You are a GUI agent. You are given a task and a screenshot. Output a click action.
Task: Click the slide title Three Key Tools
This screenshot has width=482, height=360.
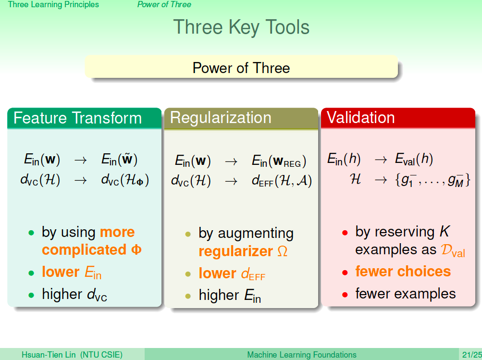pyautogui.click(x=241, y=27)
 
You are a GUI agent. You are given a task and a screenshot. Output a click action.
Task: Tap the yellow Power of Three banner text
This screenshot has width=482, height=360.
pyautogui.click(x=241, y=68)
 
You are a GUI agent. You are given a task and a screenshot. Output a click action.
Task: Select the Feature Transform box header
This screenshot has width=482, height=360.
pyautogui.click(x=77, y=118)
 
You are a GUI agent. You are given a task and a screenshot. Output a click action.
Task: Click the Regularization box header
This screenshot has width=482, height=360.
pyautogui.click(x=221, y=118)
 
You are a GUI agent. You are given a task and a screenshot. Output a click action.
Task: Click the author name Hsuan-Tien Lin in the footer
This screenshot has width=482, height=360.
pyautogui.click(x=49, y=355)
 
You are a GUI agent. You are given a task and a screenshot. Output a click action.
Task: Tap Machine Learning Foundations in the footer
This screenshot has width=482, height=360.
pyautogui.click(x=302, y=355)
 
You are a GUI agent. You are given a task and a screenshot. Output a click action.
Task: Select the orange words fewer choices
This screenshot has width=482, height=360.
pyautogui.click(x=403, y=272)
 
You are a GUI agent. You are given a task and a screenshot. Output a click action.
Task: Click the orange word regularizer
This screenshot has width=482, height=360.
pyautogui.click(x=236, y=251)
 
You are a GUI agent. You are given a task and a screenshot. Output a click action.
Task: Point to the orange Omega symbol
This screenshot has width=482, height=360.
pyautogui.click(x=283, y=251)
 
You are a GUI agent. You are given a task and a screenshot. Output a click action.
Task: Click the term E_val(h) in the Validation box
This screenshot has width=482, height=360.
pyautogui.click(x=414, y=159)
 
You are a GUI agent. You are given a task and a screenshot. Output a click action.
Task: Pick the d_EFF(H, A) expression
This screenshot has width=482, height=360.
pyautogui.click(x=282, y=180)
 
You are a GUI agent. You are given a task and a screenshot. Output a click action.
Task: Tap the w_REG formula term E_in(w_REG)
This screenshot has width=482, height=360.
pyautogui.click(x=279, y=161)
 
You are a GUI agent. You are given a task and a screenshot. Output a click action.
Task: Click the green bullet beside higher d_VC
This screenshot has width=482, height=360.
pyautogui.click(x=31, y=296)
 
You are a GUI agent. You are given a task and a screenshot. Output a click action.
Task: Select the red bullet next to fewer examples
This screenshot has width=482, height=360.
pyautogui.click(x=345, y=295)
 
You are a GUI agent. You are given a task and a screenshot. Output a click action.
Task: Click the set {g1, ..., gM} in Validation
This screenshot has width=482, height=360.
pyautogui.click(x=433, y=180)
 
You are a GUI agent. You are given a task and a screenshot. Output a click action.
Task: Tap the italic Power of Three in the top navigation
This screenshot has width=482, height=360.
pyautogui.click(x=164, y=4)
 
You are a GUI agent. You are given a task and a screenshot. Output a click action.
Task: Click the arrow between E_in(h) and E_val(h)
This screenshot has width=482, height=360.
pyautogui.click(x=381, y=160)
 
